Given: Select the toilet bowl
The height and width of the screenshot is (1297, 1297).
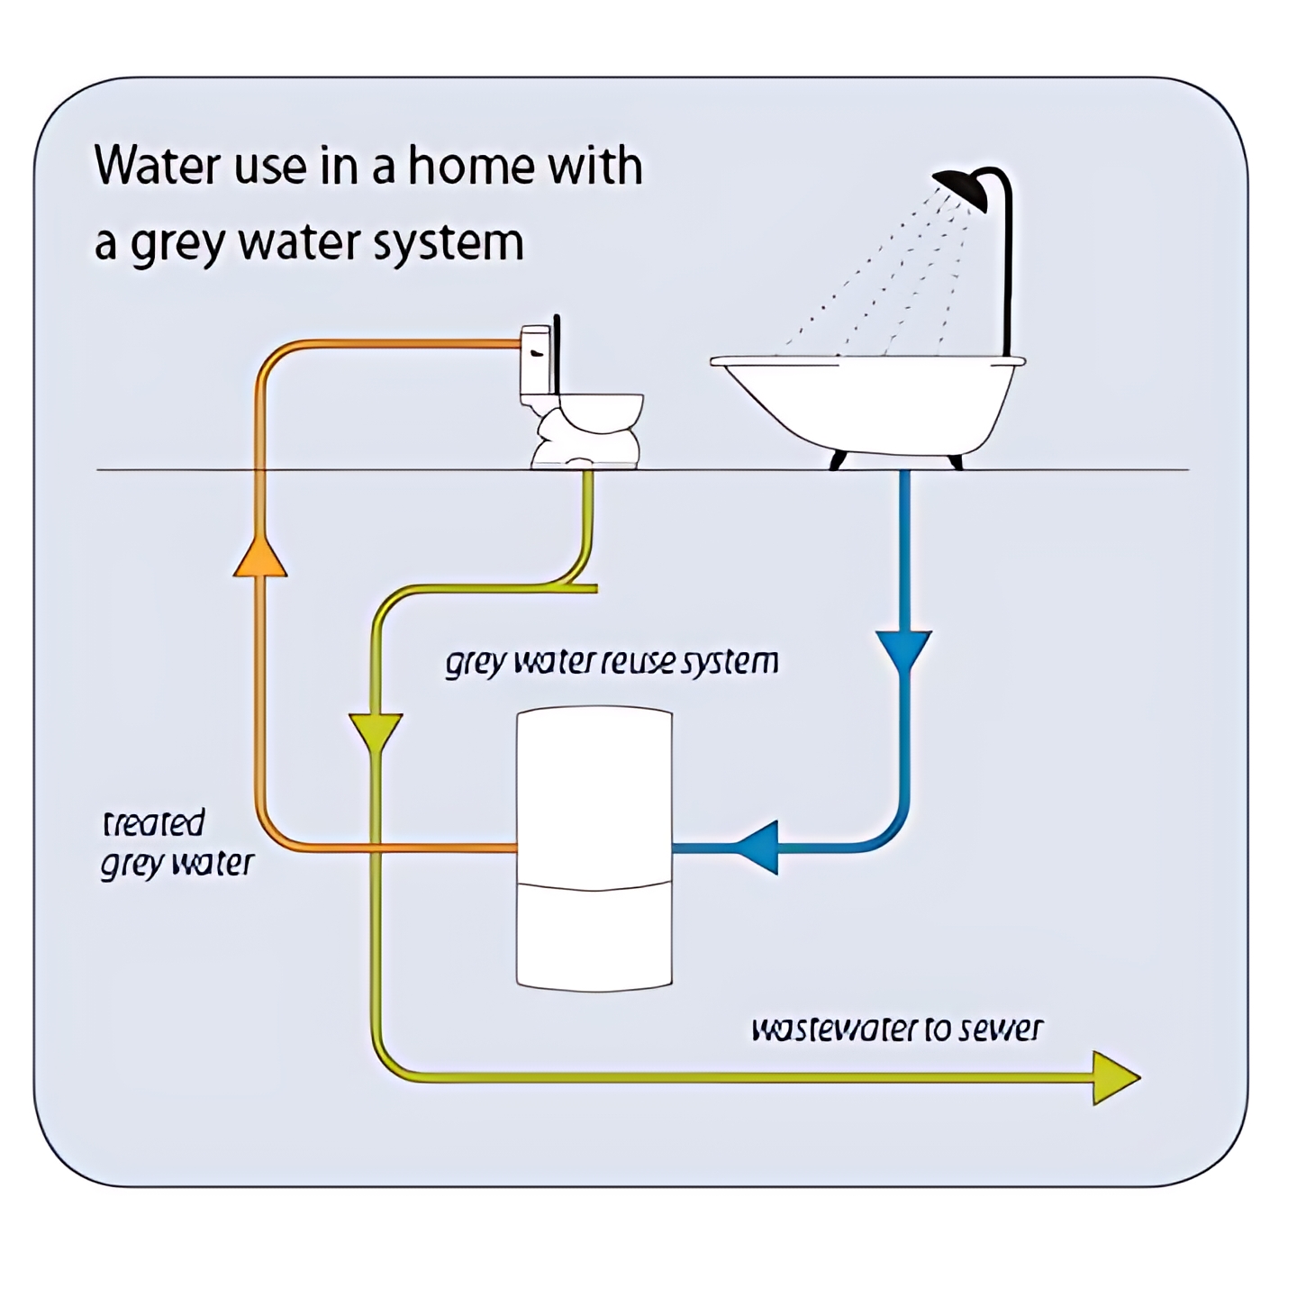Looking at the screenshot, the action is (593, 431).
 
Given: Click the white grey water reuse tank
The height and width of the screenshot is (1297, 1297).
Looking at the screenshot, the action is (594, 848).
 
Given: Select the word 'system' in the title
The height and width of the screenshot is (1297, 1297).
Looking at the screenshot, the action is (448, 244).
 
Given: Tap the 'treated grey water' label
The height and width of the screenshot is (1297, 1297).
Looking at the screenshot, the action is (177, 844).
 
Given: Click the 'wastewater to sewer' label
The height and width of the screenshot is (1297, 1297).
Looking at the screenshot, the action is (897, 1029).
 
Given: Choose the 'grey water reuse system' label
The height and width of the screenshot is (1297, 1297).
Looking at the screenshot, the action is (612, 663).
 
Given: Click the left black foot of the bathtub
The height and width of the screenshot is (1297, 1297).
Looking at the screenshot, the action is (838, 459).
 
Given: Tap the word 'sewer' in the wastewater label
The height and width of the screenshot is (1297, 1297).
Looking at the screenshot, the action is (1002, 1029).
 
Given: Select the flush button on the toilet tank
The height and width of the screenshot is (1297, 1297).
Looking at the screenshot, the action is (537, 353).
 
